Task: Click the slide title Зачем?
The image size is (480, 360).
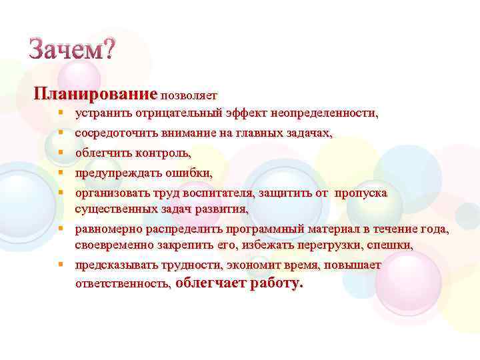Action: click(72, 49)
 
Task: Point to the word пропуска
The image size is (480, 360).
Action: click(360, 193)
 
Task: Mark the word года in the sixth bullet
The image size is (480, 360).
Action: click(434, 231)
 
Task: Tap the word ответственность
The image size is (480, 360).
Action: click(123, 283)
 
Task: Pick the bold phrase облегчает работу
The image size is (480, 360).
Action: click(240, 283)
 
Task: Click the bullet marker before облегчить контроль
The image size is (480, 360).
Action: click(60, 153)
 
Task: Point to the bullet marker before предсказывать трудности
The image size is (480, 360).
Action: click(60, 265)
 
